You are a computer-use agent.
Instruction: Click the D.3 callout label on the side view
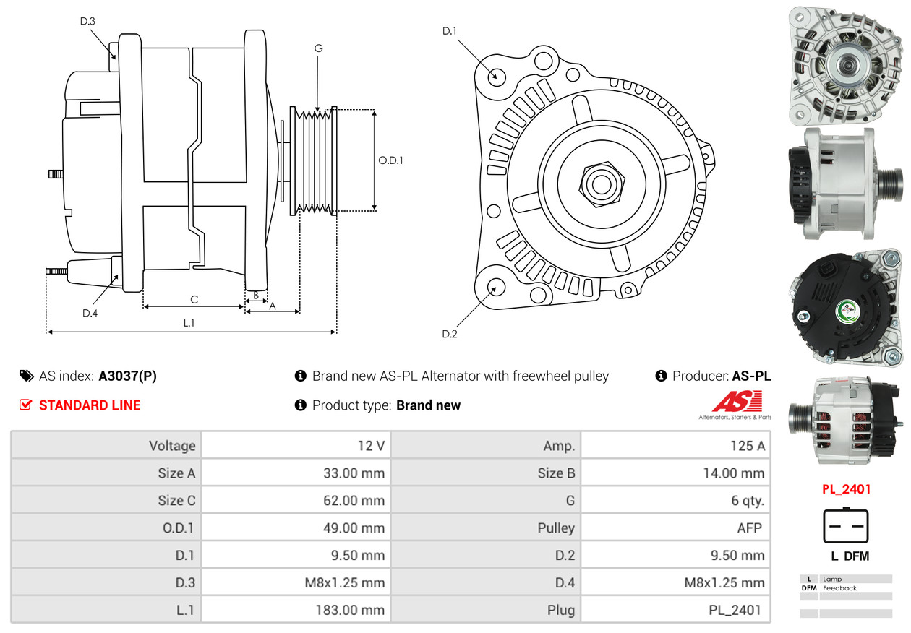pyautogui.click(x=87, y=21)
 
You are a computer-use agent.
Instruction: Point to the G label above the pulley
pyautogui.click(x=318, y=48)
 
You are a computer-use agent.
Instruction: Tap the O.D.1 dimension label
pyautogui.click(x=390, y=160)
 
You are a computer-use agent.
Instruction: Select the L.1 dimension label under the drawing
pyautogui.click(x=188, y=323)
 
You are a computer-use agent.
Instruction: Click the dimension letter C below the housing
pyautogui.click(x=194, y=299)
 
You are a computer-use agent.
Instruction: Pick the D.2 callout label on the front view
pyautogui.click(x=450, y=334)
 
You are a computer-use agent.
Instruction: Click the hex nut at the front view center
pyautogui.click(x=599, y=183)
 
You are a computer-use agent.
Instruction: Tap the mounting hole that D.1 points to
pyautogui.click(x=496, y=76)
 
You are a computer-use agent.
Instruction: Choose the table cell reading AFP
pyautogui.click(x=749, y=528)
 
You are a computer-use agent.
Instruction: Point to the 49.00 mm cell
pyautogui.click(x=354, y=528)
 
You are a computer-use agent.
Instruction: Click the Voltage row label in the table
pyautogui.click(x=172, y=446)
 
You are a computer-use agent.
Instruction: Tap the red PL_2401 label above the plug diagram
pyautogui.click(x=846, y=489)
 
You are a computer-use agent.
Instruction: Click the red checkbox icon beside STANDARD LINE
pyautogui.click(x=26, y=405)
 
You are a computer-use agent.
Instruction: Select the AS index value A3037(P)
pyautogui.click(x=127, y=376)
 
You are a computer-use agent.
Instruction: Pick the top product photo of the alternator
pyautogui.click(x=845, y=64)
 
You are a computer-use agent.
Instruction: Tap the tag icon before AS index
pyautogui.click(x=26, y=376)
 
